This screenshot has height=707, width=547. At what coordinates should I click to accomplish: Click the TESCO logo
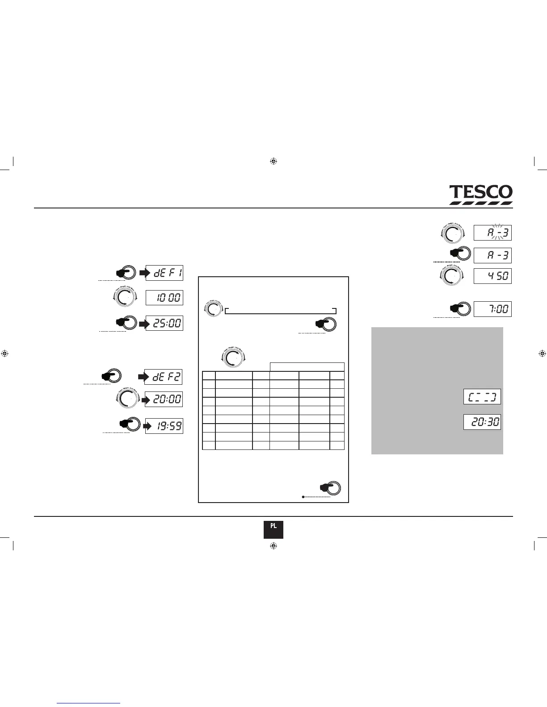click(481, 195)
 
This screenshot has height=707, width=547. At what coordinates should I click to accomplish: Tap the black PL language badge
click(273, 529)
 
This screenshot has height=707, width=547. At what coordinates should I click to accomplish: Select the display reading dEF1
click(164, 273)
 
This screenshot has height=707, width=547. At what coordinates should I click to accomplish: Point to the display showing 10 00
click(164, 298)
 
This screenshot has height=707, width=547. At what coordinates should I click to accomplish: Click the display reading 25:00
click(164, 323)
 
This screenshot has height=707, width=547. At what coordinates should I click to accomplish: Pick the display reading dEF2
click(164, 377)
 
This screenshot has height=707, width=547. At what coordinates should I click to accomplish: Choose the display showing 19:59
click(164, 426)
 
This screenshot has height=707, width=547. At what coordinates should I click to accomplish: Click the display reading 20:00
click(164, 399)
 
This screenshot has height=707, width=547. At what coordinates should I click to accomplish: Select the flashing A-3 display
click(492, 233)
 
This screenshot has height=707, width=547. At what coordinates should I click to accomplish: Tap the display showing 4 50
click(492, 276)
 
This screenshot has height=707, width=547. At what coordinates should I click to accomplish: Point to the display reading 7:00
click(492, 309)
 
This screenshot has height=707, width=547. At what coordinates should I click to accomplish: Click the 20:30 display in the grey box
click(482, 422)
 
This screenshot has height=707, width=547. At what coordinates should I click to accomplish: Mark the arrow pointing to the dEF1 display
click(144, 273)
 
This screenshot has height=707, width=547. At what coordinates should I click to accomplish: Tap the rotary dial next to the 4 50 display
click(453, 276)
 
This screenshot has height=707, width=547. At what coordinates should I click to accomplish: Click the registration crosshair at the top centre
click(274, 161)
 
